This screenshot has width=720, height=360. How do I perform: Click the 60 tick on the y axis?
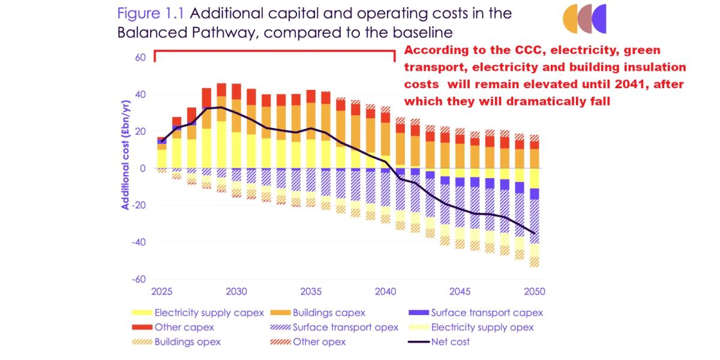coord(141,58)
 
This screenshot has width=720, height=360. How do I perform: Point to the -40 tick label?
coord(139,242)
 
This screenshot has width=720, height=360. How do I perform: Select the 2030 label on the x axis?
coord(236,292)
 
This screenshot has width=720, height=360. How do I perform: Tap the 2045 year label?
coord(460,292)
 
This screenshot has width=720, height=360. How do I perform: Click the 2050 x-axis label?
coord(535,292)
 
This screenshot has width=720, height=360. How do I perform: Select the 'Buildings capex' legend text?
coord(329,313)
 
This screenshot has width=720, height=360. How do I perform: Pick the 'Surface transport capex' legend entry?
coord(487,313)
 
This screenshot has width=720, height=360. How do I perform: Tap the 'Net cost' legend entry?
coord(451,342)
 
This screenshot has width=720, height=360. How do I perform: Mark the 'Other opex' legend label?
coord(319,342)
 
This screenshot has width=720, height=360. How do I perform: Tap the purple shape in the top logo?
coord(598,18)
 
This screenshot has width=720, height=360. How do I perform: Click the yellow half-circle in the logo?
coord(570,18)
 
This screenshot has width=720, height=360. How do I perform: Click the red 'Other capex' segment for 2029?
coord(222,89)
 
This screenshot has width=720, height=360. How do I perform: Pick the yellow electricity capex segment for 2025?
coord(162,158)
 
